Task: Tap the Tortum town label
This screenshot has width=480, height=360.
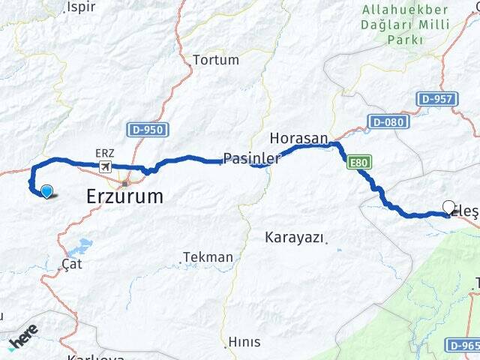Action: click(215, 60)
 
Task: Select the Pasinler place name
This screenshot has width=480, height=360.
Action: click(250, 159)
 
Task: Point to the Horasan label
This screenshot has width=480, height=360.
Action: click(298, 139)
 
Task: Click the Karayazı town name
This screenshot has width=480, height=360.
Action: click(295, 238)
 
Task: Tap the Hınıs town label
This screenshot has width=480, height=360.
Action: click(244, 342)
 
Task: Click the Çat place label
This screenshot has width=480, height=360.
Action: click(72, 264)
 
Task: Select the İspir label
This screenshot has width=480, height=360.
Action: click(82, 7)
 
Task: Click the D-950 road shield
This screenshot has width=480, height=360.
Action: click(146, 130)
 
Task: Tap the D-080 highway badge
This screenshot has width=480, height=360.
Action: click(387, 121)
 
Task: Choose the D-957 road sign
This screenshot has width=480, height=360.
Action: click(435, 98)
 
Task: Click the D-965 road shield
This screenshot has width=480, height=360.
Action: click(462, 344)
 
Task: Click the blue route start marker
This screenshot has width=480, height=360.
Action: click(46, 191)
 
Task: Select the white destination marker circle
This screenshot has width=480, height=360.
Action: click(449, 207)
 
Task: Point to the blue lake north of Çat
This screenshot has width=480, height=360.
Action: click(80, 246)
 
